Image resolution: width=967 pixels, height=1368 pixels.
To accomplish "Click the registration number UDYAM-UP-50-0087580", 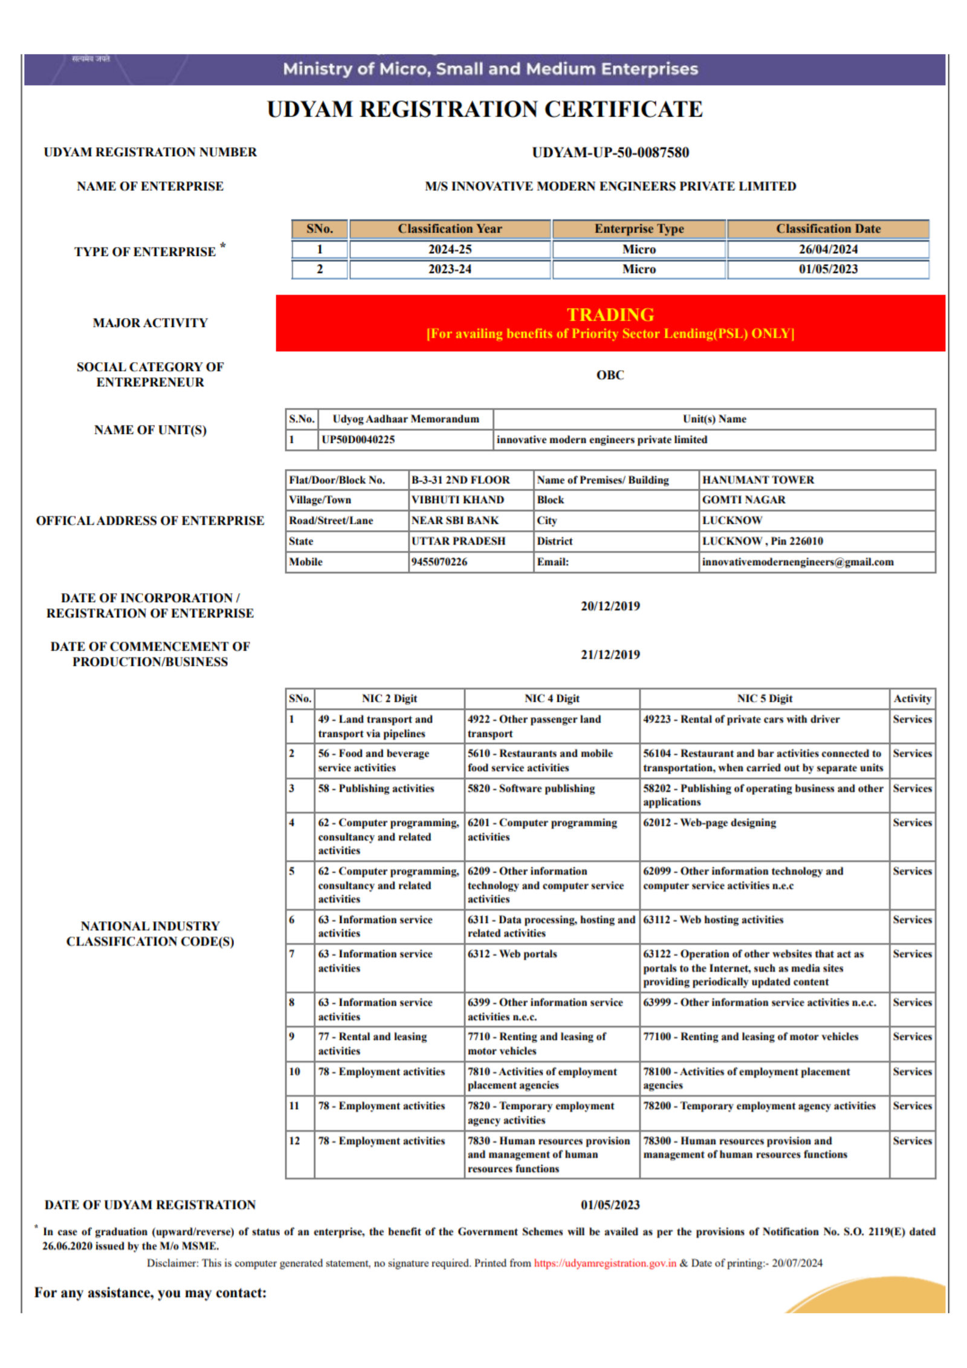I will point(610,152).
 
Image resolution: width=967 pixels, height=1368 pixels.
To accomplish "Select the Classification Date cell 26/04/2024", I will point(827,249).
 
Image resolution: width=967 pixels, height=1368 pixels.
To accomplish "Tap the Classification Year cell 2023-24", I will point(450,269).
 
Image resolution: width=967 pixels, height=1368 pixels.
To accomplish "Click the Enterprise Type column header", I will point(639,229).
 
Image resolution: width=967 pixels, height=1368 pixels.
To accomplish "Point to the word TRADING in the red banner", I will point(610,314).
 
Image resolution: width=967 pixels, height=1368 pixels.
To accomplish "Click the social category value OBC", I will point(610,375).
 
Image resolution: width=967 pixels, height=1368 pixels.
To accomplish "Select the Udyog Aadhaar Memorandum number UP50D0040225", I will point(358,439).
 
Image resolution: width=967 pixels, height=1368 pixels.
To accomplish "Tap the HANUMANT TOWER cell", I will point(758,480).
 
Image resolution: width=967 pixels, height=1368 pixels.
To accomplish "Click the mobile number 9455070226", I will point(439,562).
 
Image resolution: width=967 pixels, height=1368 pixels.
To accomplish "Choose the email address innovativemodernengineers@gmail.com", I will point(797,562).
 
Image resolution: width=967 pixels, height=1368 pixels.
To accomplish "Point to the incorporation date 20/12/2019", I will point(610,606).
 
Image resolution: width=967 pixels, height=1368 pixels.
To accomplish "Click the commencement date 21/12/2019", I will point(610,654).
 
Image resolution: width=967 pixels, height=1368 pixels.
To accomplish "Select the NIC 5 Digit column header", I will point(764,698).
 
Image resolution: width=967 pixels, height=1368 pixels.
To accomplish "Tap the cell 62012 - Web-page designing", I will point(709,822).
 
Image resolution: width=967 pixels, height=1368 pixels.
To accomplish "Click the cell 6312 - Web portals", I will point(512,953).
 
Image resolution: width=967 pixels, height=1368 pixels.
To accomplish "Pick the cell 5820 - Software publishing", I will point(531,788).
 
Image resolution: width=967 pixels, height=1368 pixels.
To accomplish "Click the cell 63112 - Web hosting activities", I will point(713,919).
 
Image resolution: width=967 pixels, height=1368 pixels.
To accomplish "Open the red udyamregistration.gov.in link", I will point(604,1263).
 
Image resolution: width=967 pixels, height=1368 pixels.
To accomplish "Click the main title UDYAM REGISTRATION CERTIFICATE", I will point(485,109).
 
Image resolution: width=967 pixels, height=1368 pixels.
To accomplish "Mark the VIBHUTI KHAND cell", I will point(458,500).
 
